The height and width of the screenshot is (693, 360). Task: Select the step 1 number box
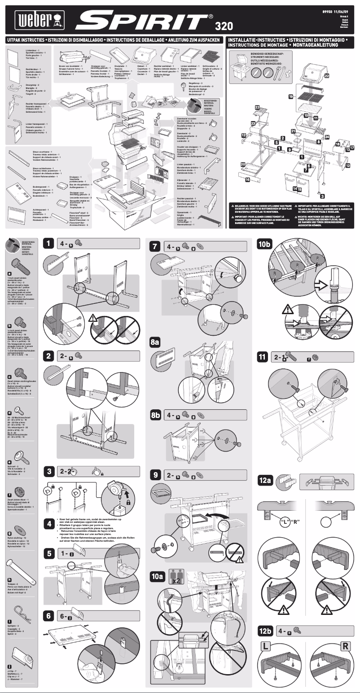click(49, 244)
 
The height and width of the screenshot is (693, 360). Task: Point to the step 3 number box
click(49, 471)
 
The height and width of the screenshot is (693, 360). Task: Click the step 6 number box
click(49, 616)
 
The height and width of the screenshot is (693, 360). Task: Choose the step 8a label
click(155, 342)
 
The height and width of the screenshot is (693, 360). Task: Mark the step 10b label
click(265, 244)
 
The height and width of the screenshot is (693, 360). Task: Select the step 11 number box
click(263, 357)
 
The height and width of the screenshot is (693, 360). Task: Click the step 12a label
click(265, 480)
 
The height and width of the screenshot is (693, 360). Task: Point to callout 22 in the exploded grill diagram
click(327, 76)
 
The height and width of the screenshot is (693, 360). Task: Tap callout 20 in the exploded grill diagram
click(243, 165)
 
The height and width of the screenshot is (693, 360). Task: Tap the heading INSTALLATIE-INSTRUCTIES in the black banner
click(257, 40)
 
